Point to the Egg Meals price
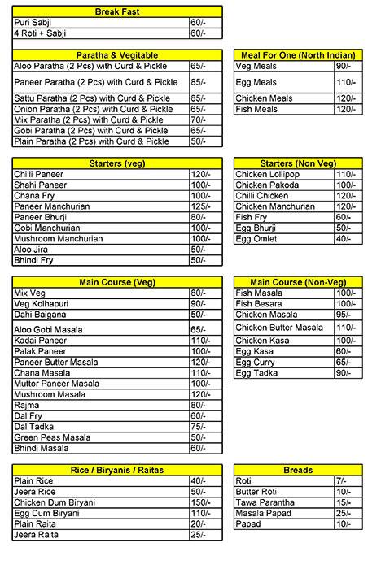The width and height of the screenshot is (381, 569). (x=344, y=82)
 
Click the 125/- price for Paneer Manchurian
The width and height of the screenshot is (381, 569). (x=200, y=206)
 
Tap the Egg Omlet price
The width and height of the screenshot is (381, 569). (x=344, y=239)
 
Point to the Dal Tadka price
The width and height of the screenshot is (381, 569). (x=199, y=425)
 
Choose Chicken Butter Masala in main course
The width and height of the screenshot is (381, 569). (x=279, y=328)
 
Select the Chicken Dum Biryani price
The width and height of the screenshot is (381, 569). (x=200, y=502)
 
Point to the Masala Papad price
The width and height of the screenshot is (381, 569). (x=344, y=513)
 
